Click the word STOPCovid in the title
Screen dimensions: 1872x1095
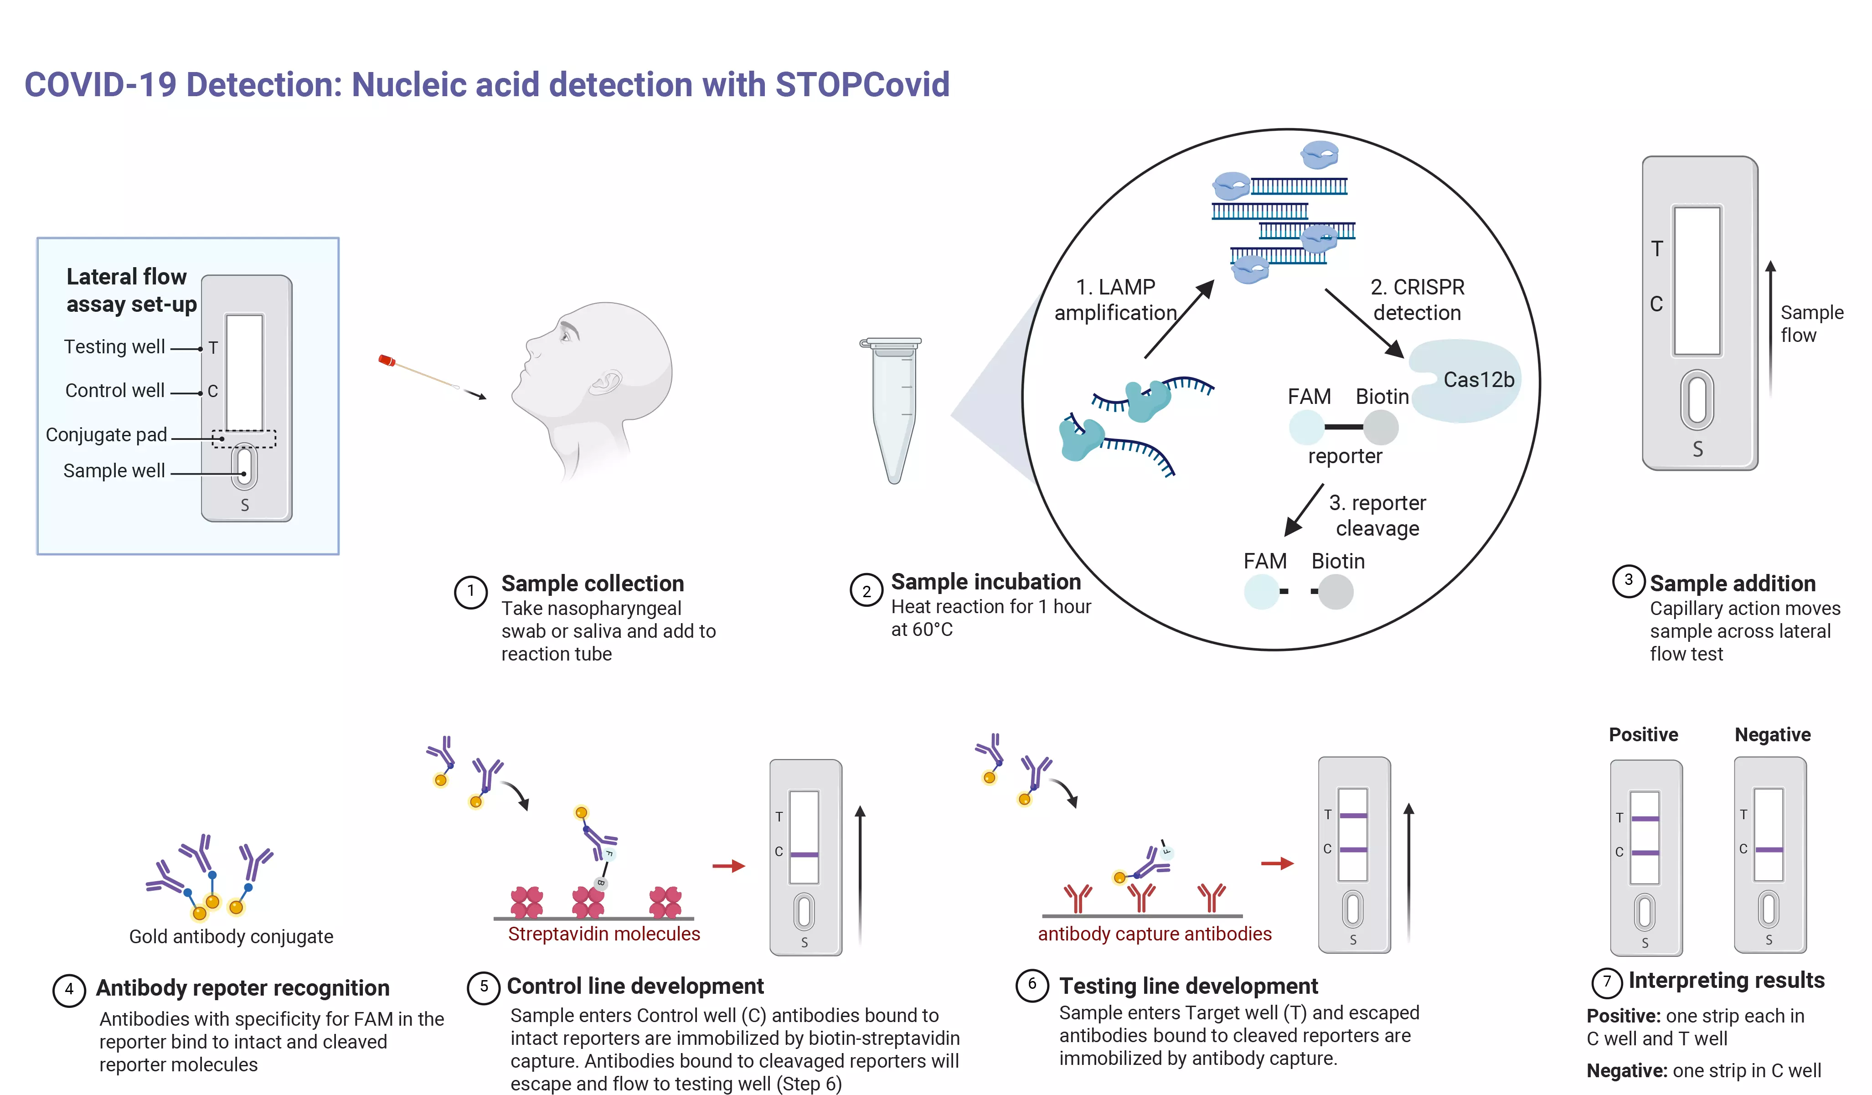[x=862, y=85]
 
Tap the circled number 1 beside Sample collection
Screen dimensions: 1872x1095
[x=470, y=592]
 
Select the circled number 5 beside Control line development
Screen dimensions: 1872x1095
[x=484, y=987]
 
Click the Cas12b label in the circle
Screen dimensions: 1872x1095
[x=1478, y=380]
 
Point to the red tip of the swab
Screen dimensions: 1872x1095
[x=386, y=360]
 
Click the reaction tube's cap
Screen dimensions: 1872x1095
[x=891, y=343]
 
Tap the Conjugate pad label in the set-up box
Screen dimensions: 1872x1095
[x=106, y=434]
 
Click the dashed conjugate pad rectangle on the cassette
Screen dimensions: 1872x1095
[x=244, y=439]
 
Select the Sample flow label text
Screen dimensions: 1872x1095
[x=1811, y=324]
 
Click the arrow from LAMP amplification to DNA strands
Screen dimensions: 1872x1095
[x=1179, y=320]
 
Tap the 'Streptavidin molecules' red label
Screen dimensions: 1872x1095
[x=604, y=934]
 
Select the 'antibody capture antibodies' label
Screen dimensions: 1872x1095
[x=1155, y=934]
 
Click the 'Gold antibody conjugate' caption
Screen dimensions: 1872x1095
[x=231, y=937]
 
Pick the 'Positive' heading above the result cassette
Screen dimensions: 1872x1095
[x=1643, y=735]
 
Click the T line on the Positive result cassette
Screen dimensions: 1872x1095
[x=1645, y=819]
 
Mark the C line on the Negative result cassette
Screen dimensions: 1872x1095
[x=1769, y=850]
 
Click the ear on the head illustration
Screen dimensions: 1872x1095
[x=608, y=382]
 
